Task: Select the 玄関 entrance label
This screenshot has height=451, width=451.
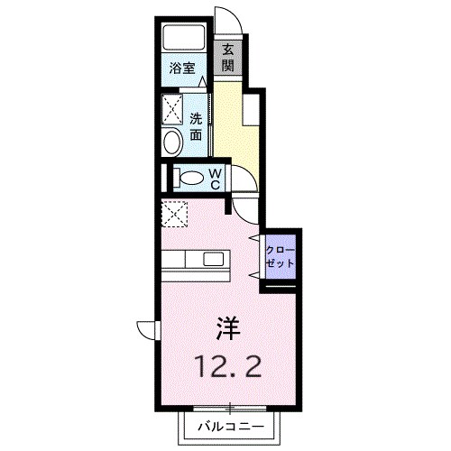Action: click(x=228, y=58)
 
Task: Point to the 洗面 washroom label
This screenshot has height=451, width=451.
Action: click(x=195, y=126)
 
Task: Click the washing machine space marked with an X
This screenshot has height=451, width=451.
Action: click(x=171, y=109)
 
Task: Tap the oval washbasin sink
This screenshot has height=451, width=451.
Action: click(x=171, y=143)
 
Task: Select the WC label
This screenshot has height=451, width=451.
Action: click(x=216, y=178)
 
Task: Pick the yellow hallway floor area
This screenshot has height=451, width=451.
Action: click(x=236, y=135)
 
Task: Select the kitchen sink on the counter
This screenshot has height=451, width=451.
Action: click(x=214, y=261)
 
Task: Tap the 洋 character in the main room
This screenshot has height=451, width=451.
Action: click(x=226, y=327)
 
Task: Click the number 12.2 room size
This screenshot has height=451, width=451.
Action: click(x=226, y=365)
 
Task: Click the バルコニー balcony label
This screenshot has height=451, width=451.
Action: click(x=227, y=426)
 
